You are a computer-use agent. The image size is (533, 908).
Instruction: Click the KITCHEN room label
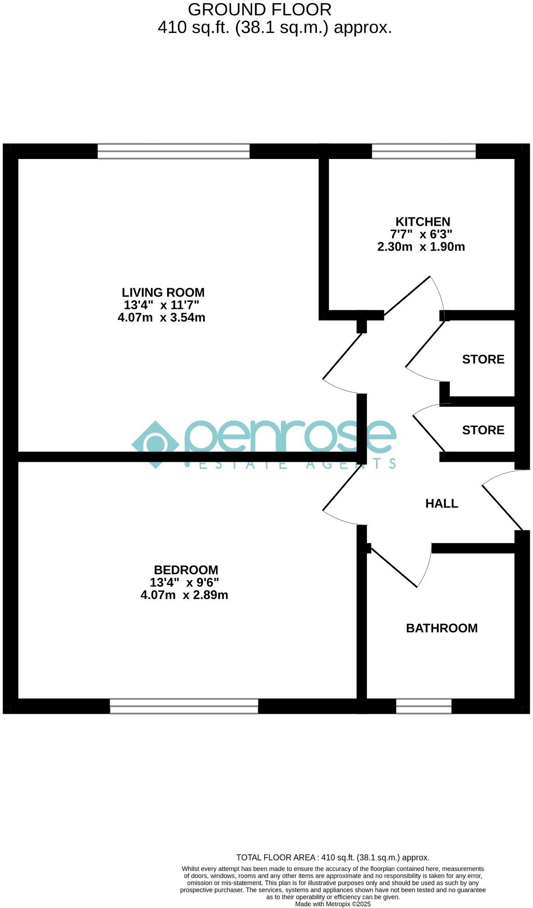(422, 222)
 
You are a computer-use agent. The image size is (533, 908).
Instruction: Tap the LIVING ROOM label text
(163, 292)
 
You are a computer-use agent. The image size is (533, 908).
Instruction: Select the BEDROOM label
(186, 570)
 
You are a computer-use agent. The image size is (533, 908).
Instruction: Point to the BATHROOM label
(442, 628)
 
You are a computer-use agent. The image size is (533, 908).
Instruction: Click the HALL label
(442, 504)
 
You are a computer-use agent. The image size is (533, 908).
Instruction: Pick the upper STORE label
(483, 359)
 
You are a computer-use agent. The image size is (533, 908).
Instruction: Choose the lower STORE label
(483, 430)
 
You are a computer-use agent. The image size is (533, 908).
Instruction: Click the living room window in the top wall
(173, 151)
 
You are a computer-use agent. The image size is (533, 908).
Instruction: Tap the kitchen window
(423, 151)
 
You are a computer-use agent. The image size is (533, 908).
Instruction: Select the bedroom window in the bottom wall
(184, 706)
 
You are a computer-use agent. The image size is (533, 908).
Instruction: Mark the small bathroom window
(423, 706)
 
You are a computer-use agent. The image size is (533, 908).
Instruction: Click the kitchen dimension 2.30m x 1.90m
(421, 247)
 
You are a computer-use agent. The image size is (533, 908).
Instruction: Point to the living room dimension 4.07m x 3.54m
(161, 318)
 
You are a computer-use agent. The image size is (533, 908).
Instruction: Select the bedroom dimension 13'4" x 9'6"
(184, 582)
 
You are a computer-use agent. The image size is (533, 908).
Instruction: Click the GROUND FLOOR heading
(259, 9)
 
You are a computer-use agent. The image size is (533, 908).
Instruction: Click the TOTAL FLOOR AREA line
(333, 858)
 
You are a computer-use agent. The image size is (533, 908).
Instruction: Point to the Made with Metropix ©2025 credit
(333, 904)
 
